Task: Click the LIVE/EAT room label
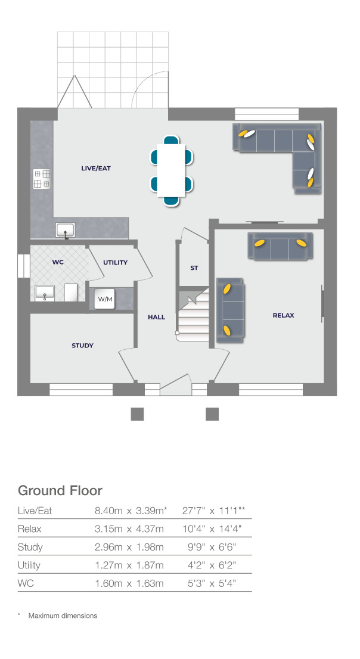pos(96,169)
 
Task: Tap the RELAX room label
pos(283,315)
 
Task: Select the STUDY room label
pos(82,346)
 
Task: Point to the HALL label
pos(156,318)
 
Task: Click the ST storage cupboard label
pos(194,268)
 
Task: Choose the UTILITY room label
pos(115,262)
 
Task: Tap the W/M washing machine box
pos(105,299)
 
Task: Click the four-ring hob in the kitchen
pos(42,179)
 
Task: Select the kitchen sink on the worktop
pos(66,229)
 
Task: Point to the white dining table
pos(172,169)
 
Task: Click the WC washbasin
pos(45,292)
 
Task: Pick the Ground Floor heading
pos(60,490)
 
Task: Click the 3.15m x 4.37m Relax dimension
pos(129,529)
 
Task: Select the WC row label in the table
pos(26,583)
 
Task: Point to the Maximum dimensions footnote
pos(62,616)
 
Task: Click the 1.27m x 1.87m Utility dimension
pos(129,565)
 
